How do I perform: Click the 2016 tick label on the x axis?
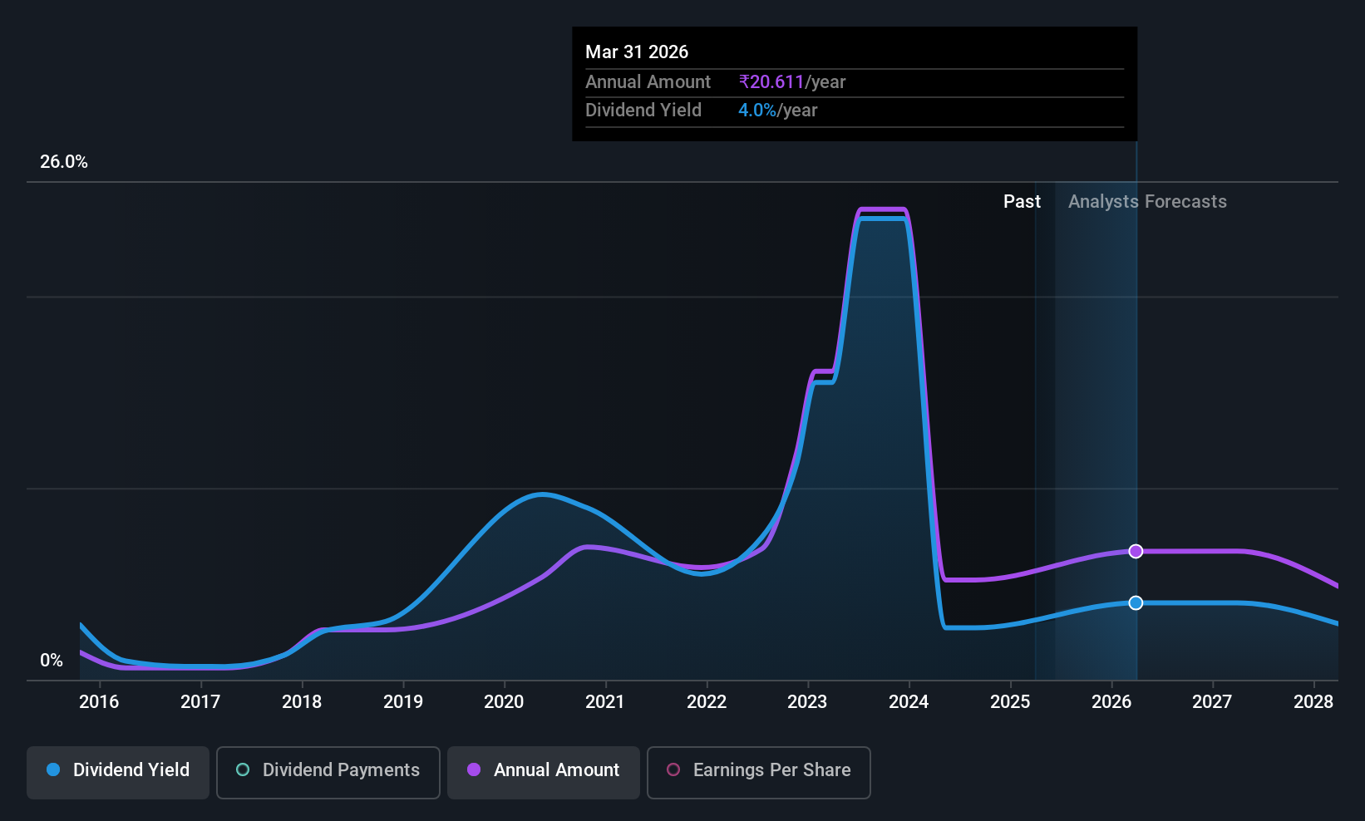click(99, 701)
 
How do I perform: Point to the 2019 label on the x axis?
click(403, 701)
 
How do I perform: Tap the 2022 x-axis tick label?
click(707, 701)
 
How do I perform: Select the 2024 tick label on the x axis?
click(909, 701)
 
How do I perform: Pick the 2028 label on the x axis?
click(1313, 701)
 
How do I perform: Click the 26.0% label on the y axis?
click(64, 162)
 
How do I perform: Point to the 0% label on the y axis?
click(52, 661)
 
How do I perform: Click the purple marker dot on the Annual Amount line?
click(1136, 551)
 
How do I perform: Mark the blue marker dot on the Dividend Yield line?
click(1136, 603)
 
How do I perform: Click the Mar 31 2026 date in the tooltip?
click(637, 52)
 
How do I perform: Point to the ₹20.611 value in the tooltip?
click(771, 81)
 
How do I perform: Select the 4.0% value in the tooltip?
click(757, 111)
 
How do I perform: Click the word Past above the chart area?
click(1022, 202)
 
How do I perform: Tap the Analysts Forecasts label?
click(1147, 202)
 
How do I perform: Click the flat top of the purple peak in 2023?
click(882, 210)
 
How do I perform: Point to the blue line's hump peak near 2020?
click(542, 494)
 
